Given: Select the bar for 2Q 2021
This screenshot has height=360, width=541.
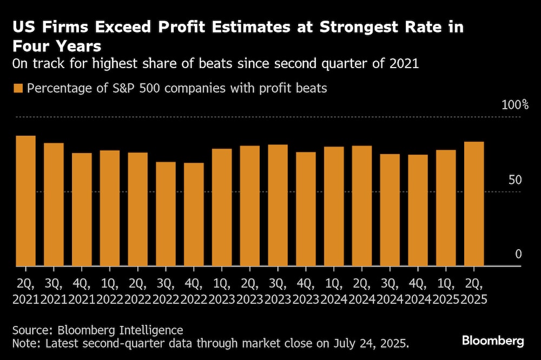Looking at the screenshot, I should tap(25, 201).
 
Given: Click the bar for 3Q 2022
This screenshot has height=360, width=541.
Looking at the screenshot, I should tap(166, 214).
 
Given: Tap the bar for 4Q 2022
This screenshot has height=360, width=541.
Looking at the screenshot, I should tap(194, 215).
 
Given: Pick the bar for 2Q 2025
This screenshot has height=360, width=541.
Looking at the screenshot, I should tap(474, 204).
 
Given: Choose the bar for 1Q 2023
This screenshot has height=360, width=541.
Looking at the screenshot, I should tap(222, 207).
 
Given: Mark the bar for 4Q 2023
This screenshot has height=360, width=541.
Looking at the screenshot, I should tap(306, 209).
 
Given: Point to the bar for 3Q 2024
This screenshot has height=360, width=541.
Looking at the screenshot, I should tap(390, 210).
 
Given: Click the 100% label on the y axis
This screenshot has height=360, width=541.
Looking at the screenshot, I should tap(510, 104).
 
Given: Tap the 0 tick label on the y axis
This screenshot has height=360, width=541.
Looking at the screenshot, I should tap(518, 254).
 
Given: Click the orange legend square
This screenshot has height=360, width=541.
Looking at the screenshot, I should tap(18, 89).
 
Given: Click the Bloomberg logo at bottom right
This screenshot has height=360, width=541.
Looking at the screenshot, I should tap(492, 341).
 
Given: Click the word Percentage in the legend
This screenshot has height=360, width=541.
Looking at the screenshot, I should tap(58, 88).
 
